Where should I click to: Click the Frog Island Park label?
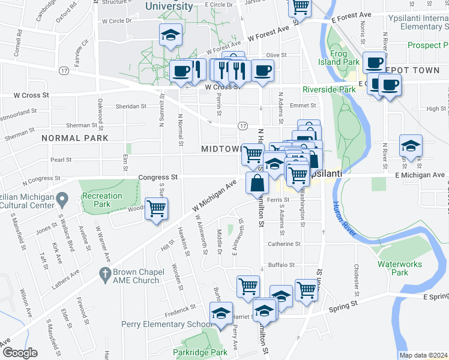344,58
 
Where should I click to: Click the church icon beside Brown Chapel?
105,275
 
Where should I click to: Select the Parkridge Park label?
200,352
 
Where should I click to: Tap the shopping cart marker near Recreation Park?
157,209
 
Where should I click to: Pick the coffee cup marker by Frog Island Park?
375,62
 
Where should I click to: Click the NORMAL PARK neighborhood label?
75,138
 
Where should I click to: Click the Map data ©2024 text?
423,355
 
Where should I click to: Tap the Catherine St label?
283,244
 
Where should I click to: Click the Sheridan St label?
131,106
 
